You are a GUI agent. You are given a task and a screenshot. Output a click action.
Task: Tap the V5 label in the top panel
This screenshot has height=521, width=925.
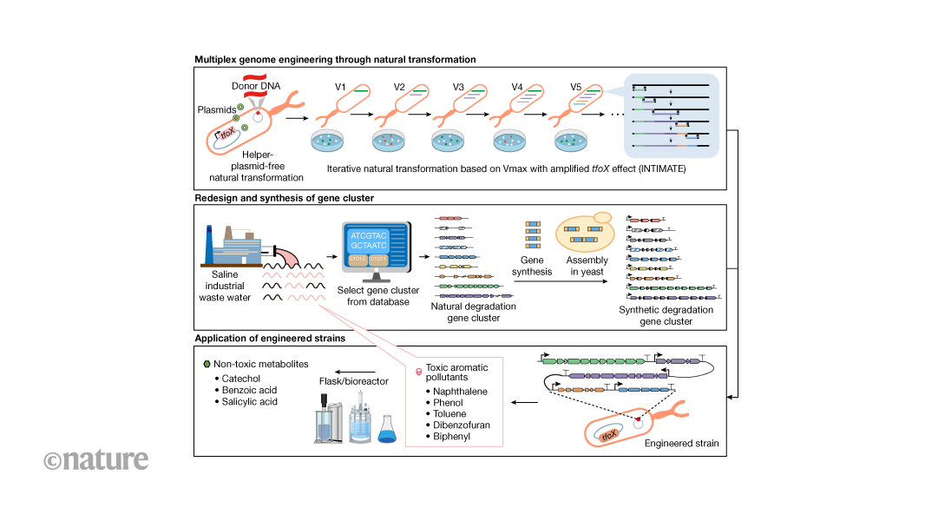[575, 87]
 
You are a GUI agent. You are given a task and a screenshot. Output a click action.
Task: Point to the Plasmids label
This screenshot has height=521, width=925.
[217, 111]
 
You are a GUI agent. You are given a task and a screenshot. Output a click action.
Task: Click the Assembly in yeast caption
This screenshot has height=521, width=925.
[587, 266]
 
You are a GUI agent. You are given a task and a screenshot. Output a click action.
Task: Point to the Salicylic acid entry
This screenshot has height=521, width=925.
[252, 402]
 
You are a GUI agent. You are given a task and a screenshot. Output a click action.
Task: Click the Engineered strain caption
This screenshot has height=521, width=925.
[681, 443]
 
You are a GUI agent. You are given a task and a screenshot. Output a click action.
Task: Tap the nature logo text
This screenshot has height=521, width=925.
[96, 459]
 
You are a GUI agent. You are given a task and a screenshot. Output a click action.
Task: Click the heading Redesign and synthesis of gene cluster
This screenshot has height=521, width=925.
[284, 198]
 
